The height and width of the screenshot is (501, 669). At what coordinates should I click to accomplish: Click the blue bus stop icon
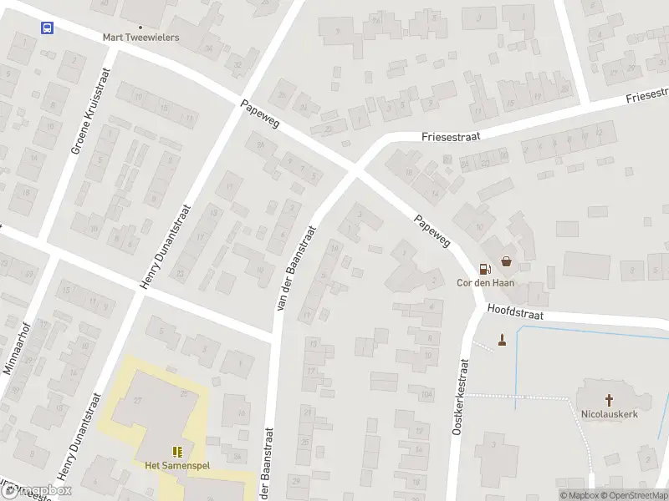coord(48,28)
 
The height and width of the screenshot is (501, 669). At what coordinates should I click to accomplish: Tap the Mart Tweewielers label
coord(140,38)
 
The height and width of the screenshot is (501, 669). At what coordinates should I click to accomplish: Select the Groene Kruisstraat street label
coord(89,124)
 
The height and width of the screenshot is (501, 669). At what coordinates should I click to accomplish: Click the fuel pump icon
coord(484,268)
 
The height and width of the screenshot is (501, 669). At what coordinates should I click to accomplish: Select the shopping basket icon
coord(507,261)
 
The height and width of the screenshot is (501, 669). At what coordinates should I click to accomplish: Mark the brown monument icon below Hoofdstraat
coord(502,339)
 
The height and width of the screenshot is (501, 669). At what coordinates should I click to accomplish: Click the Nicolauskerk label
coord(609,412)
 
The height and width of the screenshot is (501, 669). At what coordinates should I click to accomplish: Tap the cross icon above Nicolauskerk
coord(609,399)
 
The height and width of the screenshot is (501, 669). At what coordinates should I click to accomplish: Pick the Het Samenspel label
coord(176,465)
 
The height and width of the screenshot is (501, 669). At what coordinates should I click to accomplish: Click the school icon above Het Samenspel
coord(176,452)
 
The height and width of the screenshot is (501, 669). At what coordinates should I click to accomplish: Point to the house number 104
coord(426,393)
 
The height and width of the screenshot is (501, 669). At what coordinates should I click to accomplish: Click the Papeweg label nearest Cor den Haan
coord(432,231)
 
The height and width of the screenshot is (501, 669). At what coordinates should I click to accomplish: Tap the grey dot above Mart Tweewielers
coord(140,27)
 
